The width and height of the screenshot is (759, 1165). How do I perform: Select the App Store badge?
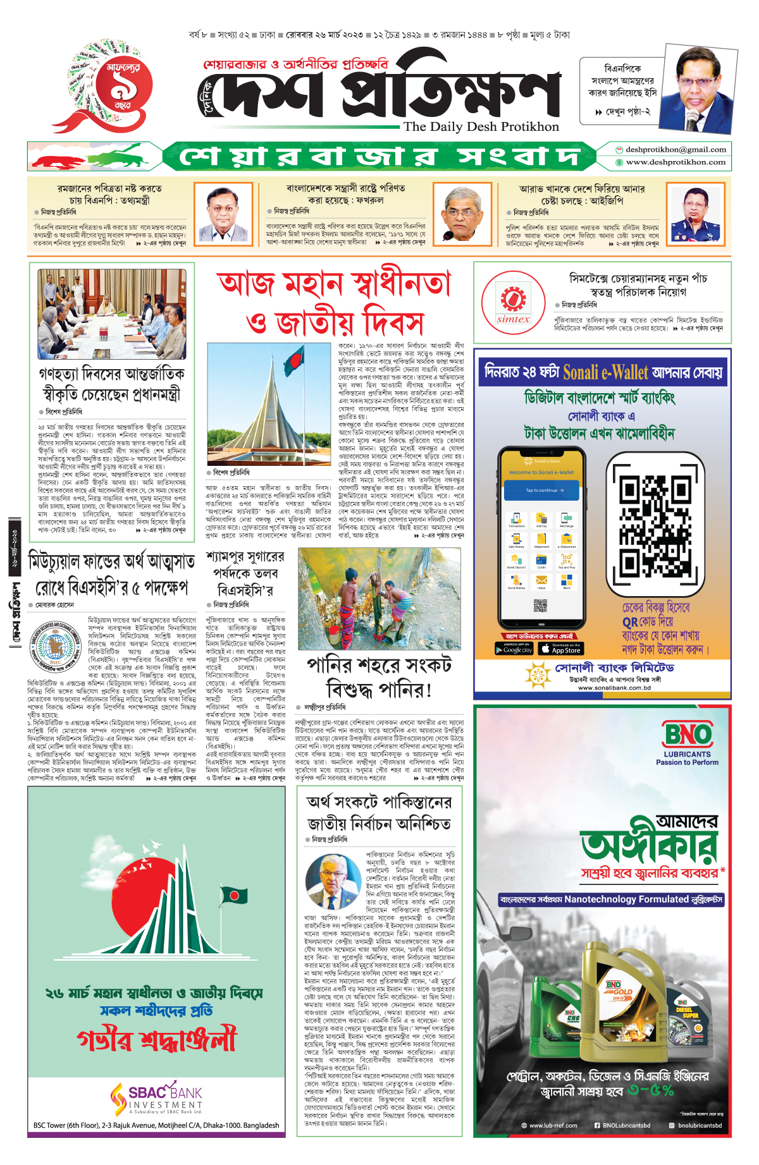pyautogui.click(x=560, y=649)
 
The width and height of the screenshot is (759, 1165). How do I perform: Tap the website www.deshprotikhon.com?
pyautogui.click(x=675, y=162)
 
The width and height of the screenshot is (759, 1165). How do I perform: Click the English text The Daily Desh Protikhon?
pyautogui.click(x=481, y=126)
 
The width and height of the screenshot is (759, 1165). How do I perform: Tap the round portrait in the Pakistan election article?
pyautogui.click(x=333, y=882)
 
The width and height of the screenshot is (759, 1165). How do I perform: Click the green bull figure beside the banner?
pyautogui.click(x=126, y=156)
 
